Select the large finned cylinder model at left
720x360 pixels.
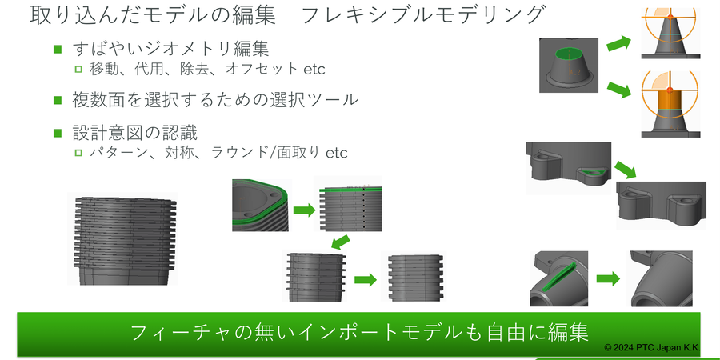(x=122, y=241)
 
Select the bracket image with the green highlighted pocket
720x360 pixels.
(x=570, y=167)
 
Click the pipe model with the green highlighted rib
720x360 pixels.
(x=558, y=278)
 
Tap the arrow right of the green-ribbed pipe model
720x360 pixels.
(x=609, y=279)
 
